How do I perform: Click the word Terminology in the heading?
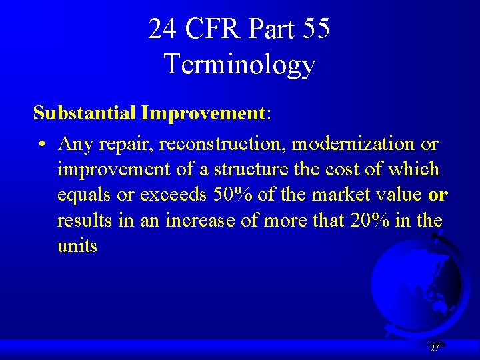pos(239,64)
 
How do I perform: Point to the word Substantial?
pos(85,113)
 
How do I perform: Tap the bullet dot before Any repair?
pos(41,144)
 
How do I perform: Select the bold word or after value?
pos(438,195)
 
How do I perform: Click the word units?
pos(77,246)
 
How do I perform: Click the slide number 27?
pos(434,348)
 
